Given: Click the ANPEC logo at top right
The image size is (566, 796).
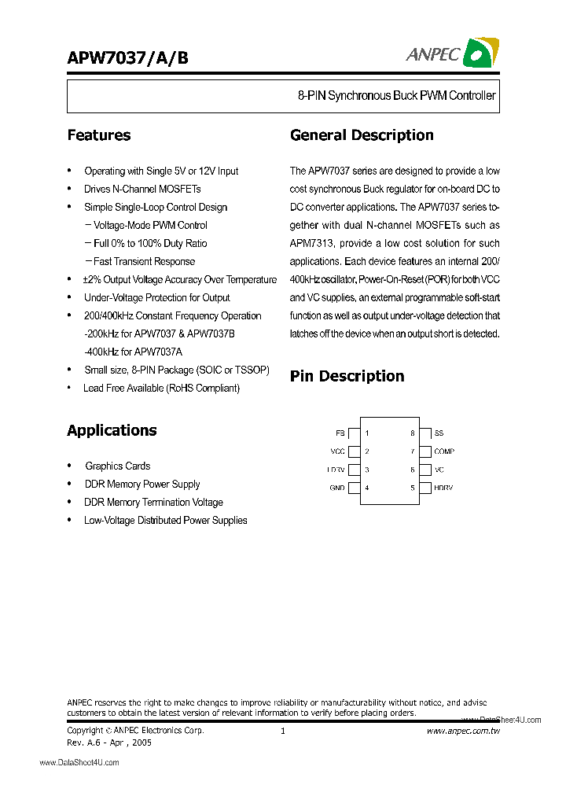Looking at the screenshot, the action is coord(452,53).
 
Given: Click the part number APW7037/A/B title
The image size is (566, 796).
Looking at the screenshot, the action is coord(127,57).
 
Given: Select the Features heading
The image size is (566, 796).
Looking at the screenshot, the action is coord(99,135).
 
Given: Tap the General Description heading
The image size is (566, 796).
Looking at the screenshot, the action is coord(362,135).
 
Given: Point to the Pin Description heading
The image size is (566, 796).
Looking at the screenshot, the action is coord(347,376).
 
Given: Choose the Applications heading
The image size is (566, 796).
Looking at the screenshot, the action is coord(112,430).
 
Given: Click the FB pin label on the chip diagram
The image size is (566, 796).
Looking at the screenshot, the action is coord(340,433).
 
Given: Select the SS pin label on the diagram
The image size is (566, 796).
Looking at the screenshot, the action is coord(439,433).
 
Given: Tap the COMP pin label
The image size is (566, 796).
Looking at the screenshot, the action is coord(444,451).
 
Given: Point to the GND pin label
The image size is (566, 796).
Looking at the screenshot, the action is coord(337,488).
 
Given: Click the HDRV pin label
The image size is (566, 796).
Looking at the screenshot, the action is coord(443,488).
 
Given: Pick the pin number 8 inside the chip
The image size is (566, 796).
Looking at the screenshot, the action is coord(412,433).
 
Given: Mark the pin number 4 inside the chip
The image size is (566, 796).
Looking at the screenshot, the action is coord(367,488).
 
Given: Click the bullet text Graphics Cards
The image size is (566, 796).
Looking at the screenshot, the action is coord(118,466).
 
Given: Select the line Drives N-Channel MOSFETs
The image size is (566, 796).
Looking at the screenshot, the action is coord(142,189).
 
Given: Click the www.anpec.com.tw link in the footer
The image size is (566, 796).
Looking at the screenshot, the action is coord(463,732).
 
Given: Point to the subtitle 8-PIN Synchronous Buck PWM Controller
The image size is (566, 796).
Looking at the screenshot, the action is coord(396,96).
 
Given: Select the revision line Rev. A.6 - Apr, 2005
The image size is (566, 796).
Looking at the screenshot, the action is coord(109,742).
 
